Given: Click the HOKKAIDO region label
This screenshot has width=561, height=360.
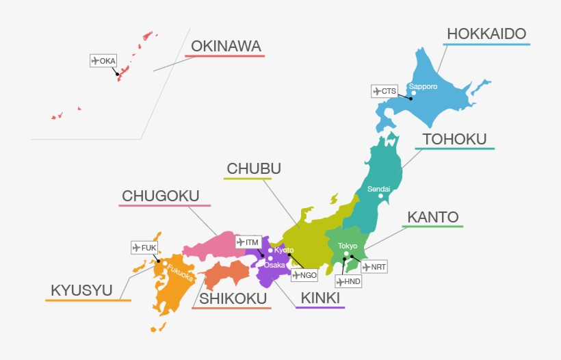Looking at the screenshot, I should click(x=486, y=34).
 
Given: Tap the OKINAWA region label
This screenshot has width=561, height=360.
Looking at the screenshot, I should click(x=226, y=47).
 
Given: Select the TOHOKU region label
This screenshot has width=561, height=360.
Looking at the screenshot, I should click(x=454, y=140).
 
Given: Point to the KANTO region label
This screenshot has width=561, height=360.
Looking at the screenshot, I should click(x=433, y=218).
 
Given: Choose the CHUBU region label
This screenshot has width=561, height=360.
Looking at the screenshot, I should click(x=254, y=169).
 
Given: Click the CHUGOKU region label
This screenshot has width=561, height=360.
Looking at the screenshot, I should click(x=160, y=197).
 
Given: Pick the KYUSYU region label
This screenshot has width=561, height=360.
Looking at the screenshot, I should click(x=81, y=291).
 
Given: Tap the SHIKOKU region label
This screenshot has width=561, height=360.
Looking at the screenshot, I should click(x=232, y=298).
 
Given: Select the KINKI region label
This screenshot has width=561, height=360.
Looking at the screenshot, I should click(x=320, y=298).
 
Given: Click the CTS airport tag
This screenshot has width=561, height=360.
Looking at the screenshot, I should click(x=384, y=91).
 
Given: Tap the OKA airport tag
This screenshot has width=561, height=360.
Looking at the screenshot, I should click(x=104, y=61).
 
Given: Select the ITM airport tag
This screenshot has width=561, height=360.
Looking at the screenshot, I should click(x=248, y=242).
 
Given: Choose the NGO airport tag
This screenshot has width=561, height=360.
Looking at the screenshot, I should click(x=304, y=275).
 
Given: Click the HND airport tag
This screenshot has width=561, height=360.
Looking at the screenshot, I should click(x=348, y=281).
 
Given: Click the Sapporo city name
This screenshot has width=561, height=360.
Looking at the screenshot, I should click(x=423, y=87).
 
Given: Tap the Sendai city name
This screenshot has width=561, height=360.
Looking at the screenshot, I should click(x=379, y=189).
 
